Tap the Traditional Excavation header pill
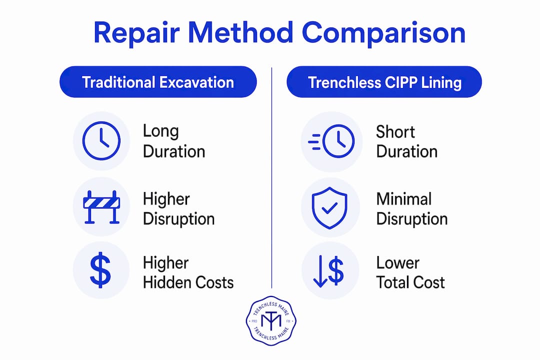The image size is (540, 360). pos(158,82)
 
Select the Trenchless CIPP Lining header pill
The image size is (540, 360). pos(384,82)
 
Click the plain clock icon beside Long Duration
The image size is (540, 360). pos(101,140)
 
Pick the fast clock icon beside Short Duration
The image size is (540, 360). pos(331,141)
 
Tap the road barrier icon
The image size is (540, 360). pos(101,206)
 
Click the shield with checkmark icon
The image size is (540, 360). pos(329,207)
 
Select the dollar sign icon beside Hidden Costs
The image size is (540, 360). pos(100,269)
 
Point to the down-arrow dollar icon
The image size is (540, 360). pos(328,271)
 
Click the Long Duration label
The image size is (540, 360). pos(174,141)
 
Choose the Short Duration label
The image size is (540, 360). pos(406,141)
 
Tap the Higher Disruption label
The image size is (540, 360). pos(178,209)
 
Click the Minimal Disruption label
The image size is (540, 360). pos(412,209)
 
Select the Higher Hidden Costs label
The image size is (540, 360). pos(188,272)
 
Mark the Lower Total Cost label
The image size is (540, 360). pos(410,272)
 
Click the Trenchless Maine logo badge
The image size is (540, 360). pos(271,320)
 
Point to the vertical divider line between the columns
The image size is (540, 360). pos(271,178)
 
